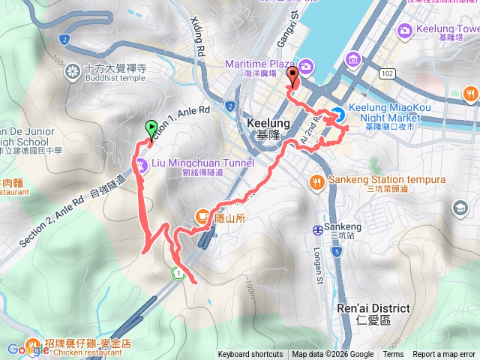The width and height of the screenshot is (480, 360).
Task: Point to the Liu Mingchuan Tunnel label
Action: click(203, 163)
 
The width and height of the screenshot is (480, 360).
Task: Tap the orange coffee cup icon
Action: click(202, 217)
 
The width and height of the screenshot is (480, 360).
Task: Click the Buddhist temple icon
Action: click(73, 71)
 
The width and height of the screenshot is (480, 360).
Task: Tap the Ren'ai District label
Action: click(373, 313)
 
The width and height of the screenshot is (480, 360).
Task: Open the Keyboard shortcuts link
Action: click(250, 355)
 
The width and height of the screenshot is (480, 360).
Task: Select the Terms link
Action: click(393, 355)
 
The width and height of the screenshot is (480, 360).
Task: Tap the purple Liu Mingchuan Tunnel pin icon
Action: click(141, 167)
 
